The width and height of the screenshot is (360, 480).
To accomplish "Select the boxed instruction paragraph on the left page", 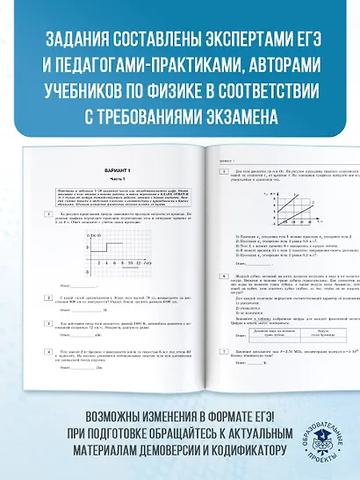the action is (x=119, y=194).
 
